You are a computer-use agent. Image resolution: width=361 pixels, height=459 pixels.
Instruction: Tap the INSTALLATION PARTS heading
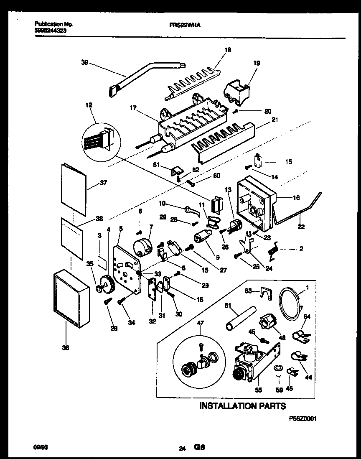tap(243, 405)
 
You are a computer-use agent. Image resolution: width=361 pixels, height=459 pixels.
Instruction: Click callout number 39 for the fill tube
tap(84, 62)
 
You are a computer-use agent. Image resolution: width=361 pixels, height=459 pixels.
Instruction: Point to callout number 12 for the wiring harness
tap(89, 105)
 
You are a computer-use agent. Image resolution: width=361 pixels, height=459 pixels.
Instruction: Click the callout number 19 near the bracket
tap(257, 63)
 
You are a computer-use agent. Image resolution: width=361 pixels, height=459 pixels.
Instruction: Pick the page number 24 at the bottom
tap(182, 449)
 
